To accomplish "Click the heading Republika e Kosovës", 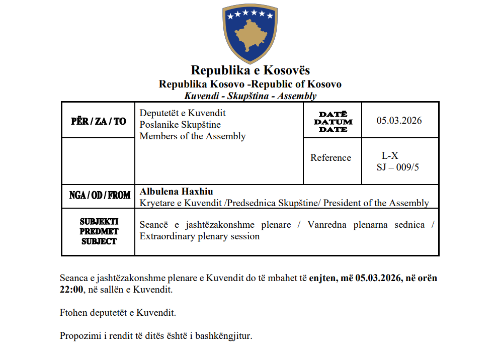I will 250,70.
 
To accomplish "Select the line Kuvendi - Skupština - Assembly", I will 250,96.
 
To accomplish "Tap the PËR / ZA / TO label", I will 99,121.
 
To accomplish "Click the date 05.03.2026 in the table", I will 399,121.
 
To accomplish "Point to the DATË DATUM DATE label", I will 333,122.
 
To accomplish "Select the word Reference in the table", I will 330,158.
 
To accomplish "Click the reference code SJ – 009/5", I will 397,167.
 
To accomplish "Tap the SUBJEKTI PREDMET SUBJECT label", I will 99,231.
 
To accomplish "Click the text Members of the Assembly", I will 193,136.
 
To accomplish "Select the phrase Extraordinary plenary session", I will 200,236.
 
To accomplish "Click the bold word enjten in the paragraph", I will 323,278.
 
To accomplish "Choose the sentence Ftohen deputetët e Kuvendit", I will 118,313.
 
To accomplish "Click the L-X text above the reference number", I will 390,156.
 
